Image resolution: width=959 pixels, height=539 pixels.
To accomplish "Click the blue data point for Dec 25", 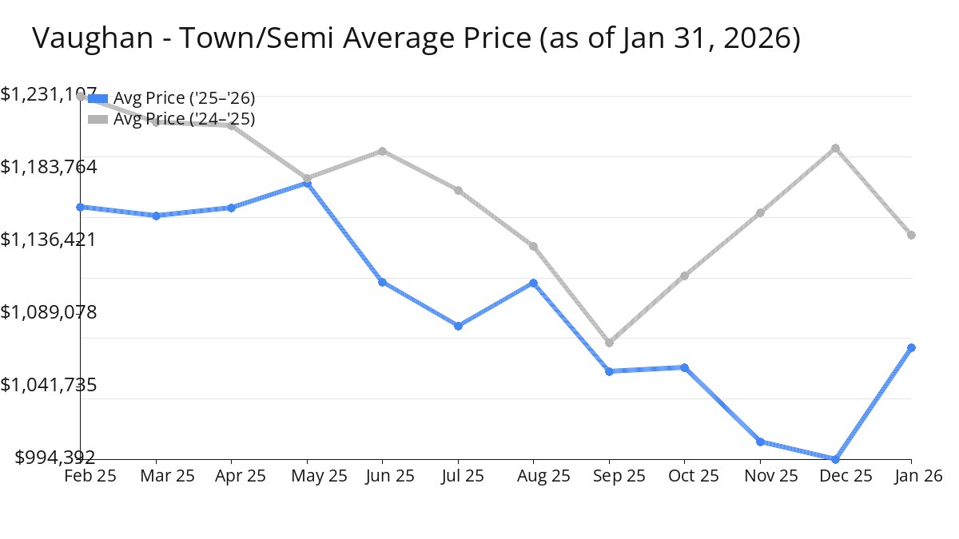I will pos(836,459).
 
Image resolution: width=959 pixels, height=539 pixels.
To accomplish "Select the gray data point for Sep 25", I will pos(609,343).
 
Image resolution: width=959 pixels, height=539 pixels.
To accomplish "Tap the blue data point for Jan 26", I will pos(911,347).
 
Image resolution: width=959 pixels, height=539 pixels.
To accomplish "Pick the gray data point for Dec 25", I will pos(836,148).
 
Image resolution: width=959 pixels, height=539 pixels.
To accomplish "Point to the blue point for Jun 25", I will pos(383,282).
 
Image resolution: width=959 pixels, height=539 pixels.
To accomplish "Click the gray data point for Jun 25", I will pos(383,151).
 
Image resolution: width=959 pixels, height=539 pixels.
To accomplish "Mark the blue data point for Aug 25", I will pos(533,283).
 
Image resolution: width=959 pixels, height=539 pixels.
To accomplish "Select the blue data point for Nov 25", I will pos(760,441).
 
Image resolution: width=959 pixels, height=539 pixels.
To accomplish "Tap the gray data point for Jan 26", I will pos(911,235).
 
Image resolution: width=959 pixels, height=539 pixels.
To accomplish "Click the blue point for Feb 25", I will pos(81,207).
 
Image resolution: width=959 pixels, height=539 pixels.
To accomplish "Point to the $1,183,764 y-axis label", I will pos(49,167).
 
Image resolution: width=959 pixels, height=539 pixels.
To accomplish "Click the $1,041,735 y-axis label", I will pos(49,385).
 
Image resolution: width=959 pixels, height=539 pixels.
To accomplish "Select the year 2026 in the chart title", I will pos(759,38).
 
